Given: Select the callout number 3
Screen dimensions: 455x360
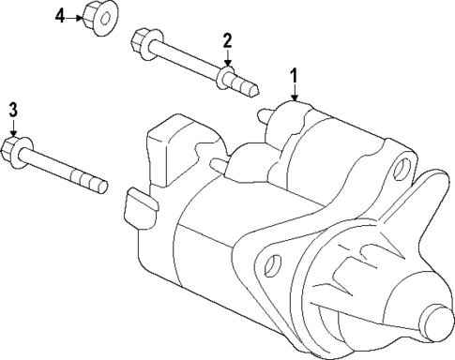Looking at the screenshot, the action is pyautogui.click(x=13, y=111).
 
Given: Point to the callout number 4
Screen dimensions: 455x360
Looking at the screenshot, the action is pyautogui.click(x=60, y=17).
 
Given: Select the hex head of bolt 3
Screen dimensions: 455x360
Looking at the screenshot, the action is pyautogui.click(x=15, y=148).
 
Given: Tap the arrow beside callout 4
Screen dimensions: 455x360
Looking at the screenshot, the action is pyautogui.click(x=75, y=17).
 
